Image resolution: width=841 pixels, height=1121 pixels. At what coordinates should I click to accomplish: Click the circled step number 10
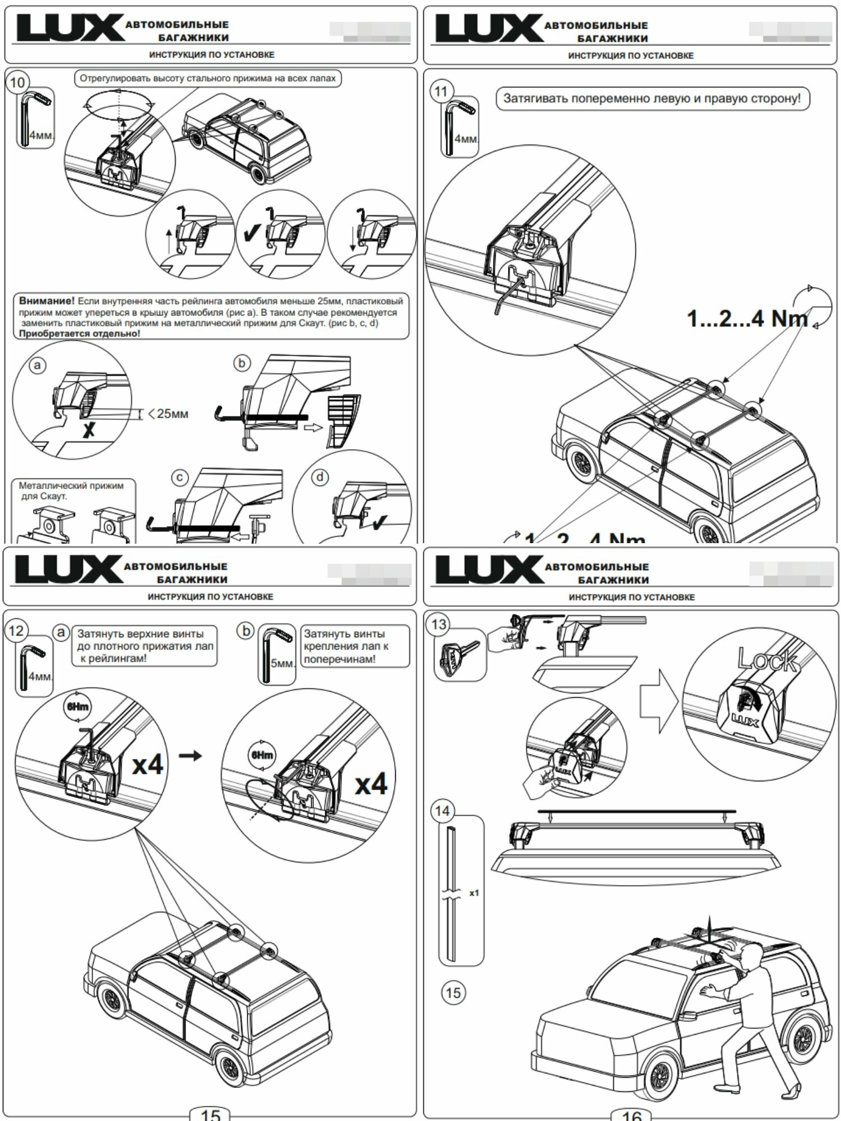[17, 82]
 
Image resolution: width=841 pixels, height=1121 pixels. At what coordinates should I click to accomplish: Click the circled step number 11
[441, 91]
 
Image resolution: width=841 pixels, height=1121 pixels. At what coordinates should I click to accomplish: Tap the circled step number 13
[439, 624]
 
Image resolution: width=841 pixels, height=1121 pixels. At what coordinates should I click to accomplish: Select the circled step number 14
[442, 811]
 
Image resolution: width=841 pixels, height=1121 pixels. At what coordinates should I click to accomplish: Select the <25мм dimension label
[168, 414]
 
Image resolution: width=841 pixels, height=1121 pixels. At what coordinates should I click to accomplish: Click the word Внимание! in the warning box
[47, 302]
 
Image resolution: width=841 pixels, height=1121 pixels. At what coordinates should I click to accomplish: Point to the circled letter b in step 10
[242, 363]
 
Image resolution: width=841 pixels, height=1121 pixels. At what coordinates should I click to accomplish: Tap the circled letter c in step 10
[179, 478]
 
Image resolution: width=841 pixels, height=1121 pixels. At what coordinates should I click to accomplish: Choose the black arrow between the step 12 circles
[190, 756]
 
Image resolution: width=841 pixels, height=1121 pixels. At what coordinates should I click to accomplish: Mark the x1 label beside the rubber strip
[474, 892]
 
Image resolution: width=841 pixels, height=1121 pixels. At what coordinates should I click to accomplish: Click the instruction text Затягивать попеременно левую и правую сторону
[652, 99]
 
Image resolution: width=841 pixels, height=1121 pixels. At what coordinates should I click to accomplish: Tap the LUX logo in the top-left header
[70, 29]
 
